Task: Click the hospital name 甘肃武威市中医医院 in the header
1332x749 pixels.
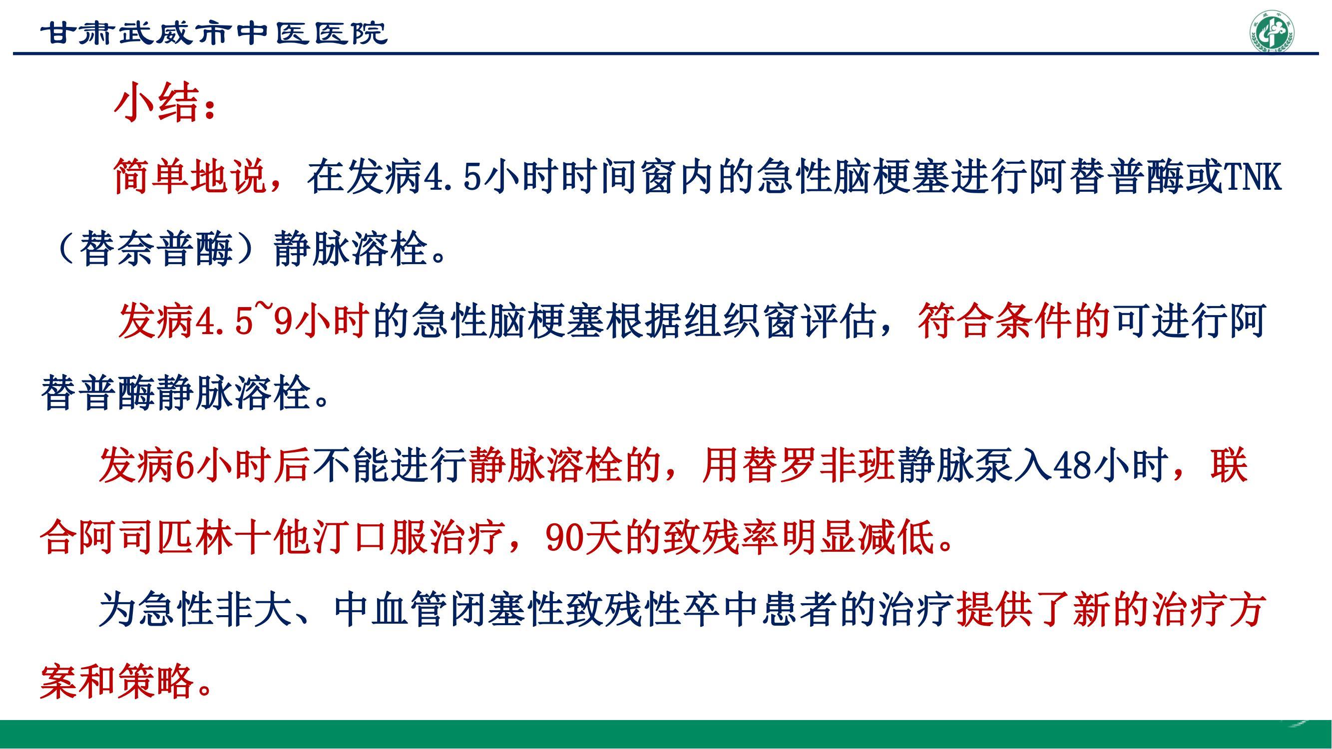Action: [x=214, y=33]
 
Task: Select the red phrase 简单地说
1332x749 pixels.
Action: [x=190, y=176]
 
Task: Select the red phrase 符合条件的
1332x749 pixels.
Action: [x=1014, y=321]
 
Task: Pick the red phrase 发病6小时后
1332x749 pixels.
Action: [x=204, y=465]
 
